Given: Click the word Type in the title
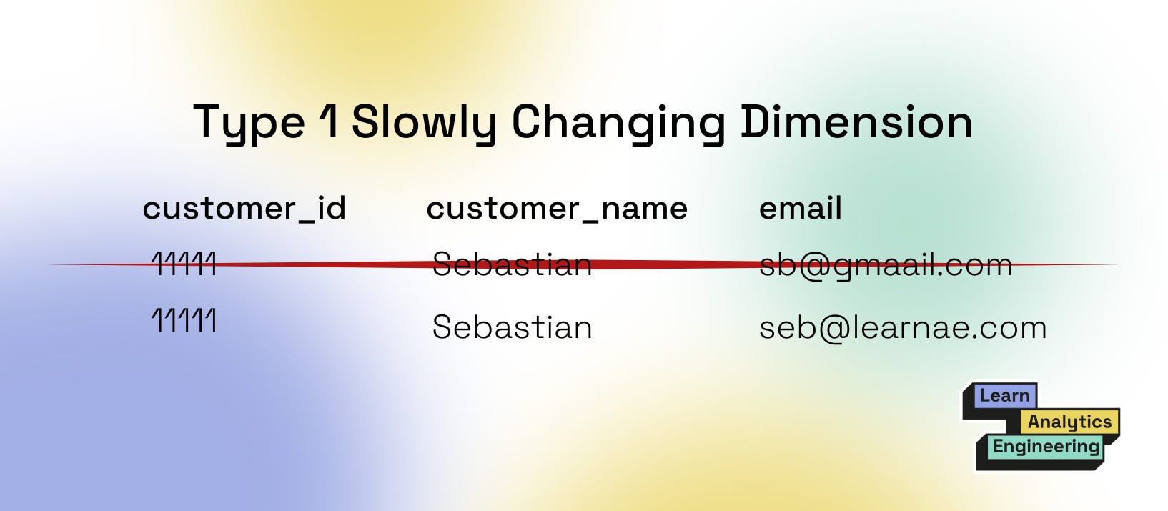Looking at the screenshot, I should point(249,122).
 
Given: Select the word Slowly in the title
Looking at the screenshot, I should point(423,122).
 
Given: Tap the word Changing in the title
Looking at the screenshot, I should point(618,122).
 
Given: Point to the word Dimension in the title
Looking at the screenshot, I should point(856,121).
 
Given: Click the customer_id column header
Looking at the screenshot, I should point(244,209).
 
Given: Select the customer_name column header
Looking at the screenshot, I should point(556,209).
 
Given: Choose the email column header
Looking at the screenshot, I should point(800,209).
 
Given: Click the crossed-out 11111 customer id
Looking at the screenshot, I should point(184,264).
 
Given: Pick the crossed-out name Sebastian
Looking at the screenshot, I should point(512,264).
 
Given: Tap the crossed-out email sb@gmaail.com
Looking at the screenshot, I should point(885,265).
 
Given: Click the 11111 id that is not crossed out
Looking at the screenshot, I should point(184,320).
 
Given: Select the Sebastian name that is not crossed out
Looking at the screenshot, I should point(512,327).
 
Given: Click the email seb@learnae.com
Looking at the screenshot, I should point(902,328).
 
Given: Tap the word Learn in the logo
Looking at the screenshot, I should point(1004,396).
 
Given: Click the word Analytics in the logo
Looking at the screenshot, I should point(1069,422).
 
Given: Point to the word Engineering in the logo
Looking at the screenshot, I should point(1045,447).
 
